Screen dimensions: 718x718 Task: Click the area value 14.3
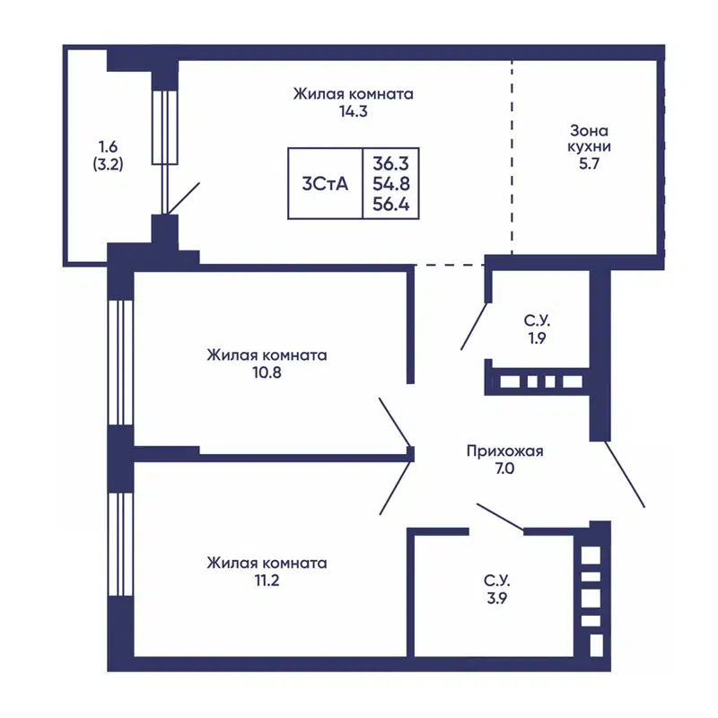point(353,111)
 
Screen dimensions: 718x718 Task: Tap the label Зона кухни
point(589,139)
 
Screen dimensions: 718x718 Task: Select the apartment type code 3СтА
point(325,184)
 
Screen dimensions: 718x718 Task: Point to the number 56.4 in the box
point(390,205)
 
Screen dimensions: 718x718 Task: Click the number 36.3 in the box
point(390,163)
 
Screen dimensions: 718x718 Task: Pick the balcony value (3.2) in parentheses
point(108,164)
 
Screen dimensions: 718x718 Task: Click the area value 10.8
point(267,372)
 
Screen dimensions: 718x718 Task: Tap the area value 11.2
point(267,581)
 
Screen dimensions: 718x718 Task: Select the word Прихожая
point(504,451)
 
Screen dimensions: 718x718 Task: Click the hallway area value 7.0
point(504,468)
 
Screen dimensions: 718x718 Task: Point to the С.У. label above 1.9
point(537,320)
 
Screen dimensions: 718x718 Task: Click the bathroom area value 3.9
point(497,598)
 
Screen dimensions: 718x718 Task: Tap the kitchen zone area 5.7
point(589,163)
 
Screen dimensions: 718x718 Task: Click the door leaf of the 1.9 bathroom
point(474,326)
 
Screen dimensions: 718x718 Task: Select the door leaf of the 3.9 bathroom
point(500,518)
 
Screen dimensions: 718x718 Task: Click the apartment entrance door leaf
point(625,474)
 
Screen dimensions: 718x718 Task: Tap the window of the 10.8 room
point(120,363)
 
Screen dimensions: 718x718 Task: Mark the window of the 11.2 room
point(120,544)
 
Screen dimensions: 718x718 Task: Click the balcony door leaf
point(183,198)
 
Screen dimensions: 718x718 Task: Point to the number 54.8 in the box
point(390,184)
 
